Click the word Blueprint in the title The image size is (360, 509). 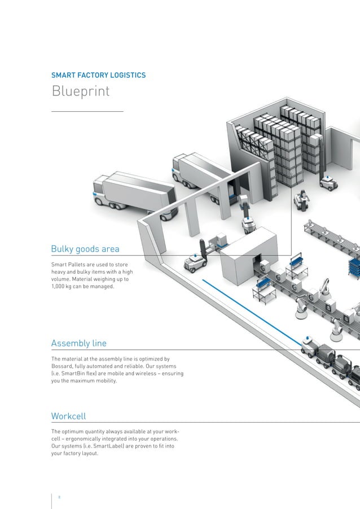coord(80,91)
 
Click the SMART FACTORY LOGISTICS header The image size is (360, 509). coord(99,75)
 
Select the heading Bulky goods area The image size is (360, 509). coord(85,249)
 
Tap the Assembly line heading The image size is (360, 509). coord(78,343)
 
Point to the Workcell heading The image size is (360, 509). coord(68,416)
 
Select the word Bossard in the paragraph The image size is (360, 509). coord(65,366)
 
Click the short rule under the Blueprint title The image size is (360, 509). coord(87,112)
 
